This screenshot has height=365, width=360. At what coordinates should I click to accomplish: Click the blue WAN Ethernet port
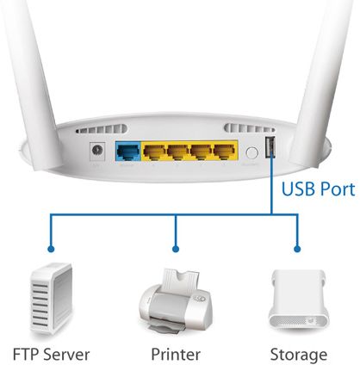[x=128, y=152]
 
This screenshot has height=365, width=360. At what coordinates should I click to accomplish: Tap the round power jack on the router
[x=97, y=151]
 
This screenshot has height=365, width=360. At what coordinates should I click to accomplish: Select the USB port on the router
[x=270, y=147]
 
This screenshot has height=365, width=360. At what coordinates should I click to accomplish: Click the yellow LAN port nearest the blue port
[x=154, y=152]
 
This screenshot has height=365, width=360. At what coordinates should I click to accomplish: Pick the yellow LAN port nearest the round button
[x=225, y=152]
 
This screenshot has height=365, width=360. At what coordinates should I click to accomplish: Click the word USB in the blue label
[x=298, y=189]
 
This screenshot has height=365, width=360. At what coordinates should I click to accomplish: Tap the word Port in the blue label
[x=338, y=190]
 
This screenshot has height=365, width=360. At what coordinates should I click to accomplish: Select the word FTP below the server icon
[x=25, y=355]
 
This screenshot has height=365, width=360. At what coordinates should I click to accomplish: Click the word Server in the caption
[x=66, y=355]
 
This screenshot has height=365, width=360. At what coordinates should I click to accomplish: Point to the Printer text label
[x=176, y=355]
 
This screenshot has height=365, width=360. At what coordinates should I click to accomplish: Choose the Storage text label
[x=299, y=356]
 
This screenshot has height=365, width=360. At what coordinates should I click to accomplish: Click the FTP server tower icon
[x=52, y=299]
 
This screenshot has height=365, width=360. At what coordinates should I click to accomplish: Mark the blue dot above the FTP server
[x=51, y=249]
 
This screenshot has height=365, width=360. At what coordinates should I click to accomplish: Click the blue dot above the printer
[x=176, y=249]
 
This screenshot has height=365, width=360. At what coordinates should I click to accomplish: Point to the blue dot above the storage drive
[x=297, y=249]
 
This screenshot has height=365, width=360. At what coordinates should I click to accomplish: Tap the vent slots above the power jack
[x=102, y=129]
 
